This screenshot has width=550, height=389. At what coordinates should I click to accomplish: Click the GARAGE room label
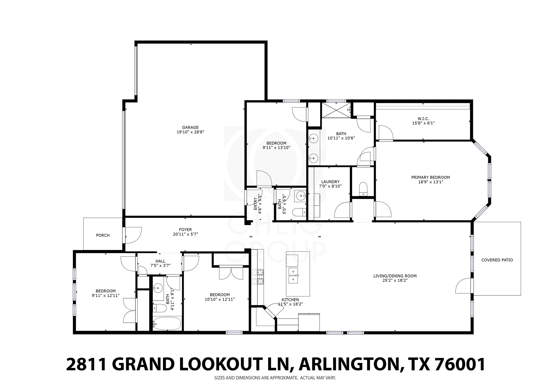[190, 127]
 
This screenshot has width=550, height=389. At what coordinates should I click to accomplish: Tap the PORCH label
[103, 235]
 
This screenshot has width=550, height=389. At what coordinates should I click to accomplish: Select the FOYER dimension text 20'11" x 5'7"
[185, 234]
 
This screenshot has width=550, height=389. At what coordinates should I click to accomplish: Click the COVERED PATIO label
[497, 260]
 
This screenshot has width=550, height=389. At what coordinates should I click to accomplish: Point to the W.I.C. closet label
[423, 119]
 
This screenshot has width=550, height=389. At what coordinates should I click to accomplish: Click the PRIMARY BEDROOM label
[430, 177]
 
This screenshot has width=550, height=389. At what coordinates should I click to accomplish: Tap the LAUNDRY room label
[330, 182]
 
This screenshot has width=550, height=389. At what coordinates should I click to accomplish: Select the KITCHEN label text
[290, 300]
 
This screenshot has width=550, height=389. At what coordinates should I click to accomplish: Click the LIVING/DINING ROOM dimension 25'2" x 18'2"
[395, 280]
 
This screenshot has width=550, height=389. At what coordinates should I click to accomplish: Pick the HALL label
[160, 261]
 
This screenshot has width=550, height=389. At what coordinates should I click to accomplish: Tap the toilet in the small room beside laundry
[363, 188]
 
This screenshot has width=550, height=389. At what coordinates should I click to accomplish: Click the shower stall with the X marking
[336, 110]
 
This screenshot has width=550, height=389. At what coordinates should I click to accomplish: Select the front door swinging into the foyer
[133, 235]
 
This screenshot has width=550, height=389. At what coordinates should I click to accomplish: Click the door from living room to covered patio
[464, 286]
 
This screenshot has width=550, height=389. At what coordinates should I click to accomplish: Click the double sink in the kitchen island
[293, 275]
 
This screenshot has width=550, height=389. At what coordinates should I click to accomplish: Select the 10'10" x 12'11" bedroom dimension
[220, 300]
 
